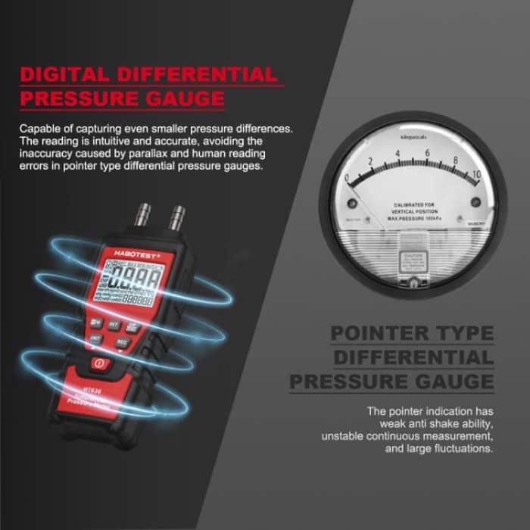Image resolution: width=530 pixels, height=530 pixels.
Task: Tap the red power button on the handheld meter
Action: (99, 364)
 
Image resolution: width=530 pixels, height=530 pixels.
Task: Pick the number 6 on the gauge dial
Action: (427, 154)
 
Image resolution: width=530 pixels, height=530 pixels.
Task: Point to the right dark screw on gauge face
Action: (475, 202)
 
